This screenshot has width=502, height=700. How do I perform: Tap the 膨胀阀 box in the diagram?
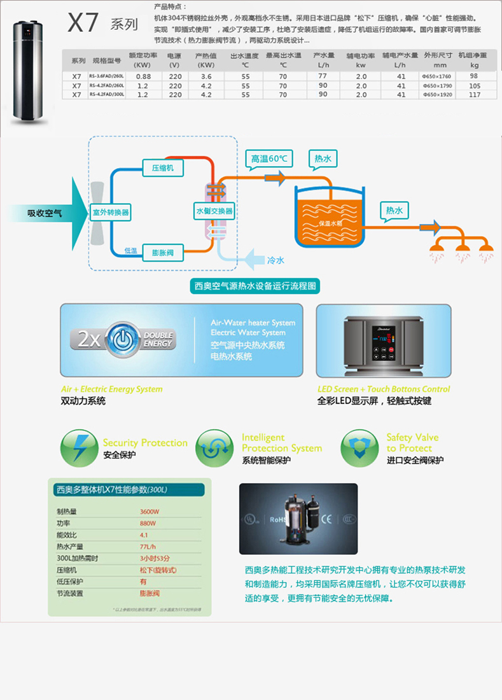pos(163,252)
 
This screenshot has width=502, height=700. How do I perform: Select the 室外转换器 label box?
pos(111,212)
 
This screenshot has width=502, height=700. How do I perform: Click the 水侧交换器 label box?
pos(214,211)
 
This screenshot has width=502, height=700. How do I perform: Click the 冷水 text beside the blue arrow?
pos(276,260)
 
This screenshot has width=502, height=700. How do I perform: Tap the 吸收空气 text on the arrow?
pos(45,213)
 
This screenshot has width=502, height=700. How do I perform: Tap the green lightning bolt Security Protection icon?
pos(80,448)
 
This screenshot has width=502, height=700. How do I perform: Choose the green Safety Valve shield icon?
pos(359,448)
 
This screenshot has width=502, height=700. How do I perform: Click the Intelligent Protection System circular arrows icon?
pos(214,448)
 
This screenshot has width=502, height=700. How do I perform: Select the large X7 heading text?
pos(84,24)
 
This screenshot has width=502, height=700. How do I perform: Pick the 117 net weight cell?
pos(474,95)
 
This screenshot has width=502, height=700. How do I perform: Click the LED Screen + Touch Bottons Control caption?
pos(384,389)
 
